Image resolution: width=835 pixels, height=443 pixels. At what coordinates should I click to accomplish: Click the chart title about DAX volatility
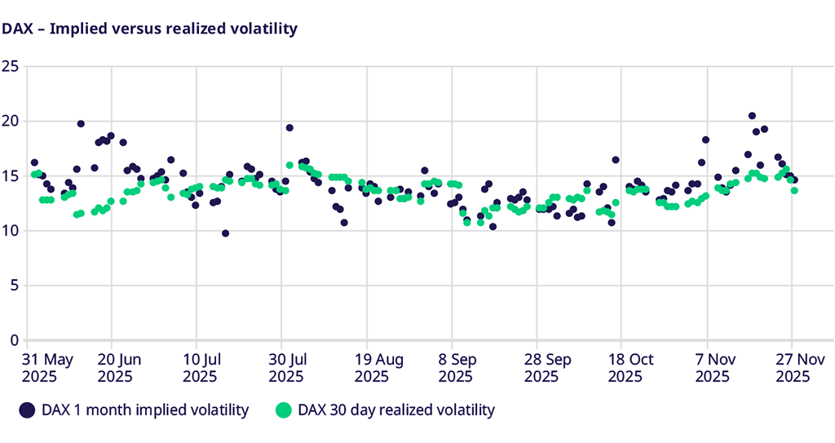click(149, 29)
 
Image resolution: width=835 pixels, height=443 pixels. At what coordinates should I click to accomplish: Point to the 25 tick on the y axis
click(10, 66)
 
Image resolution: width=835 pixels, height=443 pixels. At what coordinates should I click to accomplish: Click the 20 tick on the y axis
click(10, 121)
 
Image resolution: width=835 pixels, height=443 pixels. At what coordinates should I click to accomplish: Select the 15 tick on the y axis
click(10, 175)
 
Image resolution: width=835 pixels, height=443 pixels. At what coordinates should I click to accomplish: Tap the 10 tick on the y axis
click(10, 231)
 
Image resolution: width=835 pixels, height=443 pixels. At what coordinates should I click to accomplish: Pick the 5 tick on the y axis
click(14, 286)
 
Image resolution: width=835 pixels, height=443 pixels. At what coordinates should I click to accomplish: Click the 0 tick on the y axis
click(14, 340)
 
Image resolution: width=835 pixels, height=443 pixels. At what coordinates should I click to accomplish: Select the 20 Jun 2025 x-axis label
click(117, 367)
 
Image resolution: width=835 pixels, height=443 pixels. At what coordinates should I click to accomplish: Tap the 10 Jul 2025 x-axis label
click(201, 367)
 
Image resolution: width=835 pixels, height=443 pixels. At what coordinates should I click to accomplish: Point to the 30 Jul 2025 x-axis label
click(286, 367)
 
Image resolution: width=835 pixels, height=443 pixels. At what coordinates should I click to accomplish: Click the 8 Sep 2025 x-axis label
click(457, 367)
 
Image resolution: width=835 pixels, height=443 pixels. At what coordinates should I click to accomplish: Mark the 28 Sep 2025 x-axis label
click(541, 367)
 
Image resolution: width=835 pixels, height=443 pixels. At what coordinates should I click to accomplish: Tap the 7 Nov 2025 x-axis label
click(712, 367)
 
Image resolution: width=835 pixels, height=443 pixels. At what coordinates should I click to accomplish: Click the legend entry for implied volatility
click(135, 410)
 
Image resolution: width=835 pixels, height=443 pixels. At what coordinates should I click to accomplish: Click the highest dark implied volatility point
click(752, 116)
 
